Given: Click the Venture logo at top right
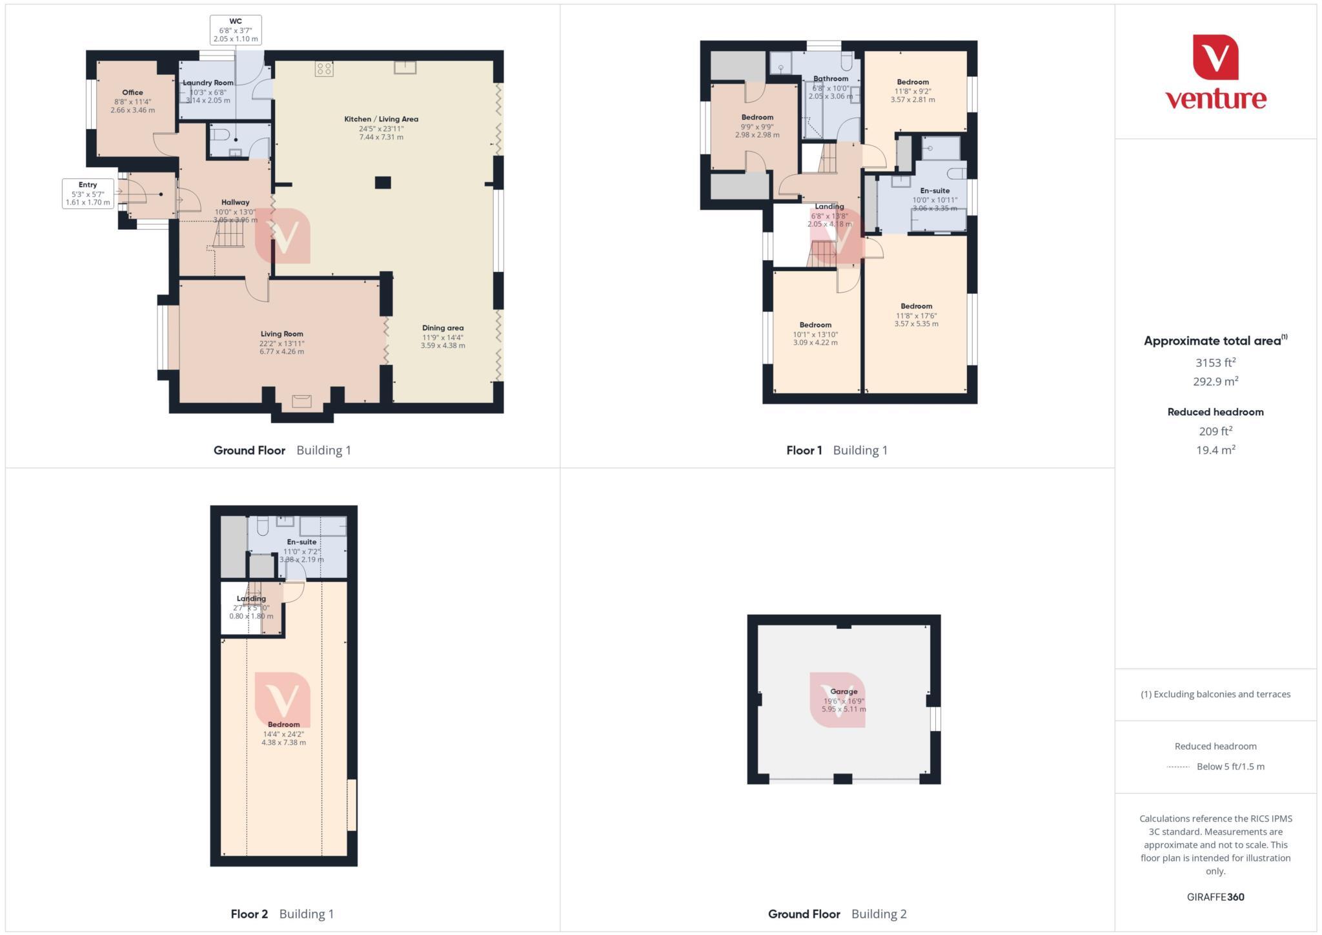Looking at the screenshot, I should pos(1215,72).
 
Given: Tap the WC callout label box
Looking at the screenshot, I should pos(236,30).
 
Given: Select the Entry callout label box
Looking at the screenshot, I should pos(88,194).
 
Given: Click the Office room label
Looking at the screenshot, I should pos(132,93).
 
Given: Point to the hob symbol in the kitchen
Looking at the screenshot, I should pos(324,69).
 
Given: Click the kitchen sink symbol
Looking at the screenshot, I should pos(405,67).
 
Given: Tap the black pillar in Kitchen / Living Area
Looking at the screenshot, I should pos(383,183).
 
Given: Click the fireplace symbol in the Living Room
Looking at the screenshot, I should pos(301,402).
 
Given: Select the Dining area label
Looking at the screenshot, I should pos(443,328).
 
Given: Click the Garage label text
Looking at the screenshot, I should pos(844,692).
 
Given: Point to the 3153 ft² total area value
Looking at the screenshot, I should pos(1215,363).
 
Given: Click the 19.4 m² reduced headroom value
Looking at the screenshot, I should pos(1215,450).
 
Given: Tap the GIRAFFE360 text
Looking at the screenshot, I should pos(1215,897).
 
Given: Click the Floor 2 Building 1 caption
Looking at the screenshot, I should pos(282,914).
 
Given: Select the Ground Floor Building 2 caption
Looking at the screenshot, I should pos(837,914).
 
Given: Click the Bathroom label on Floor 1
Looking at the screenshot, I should pos(831,79).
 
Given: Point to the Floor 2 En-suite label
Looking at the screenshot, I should pos(301,542).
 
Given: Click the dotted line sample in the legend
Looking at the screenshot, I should pos(1178,767).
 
